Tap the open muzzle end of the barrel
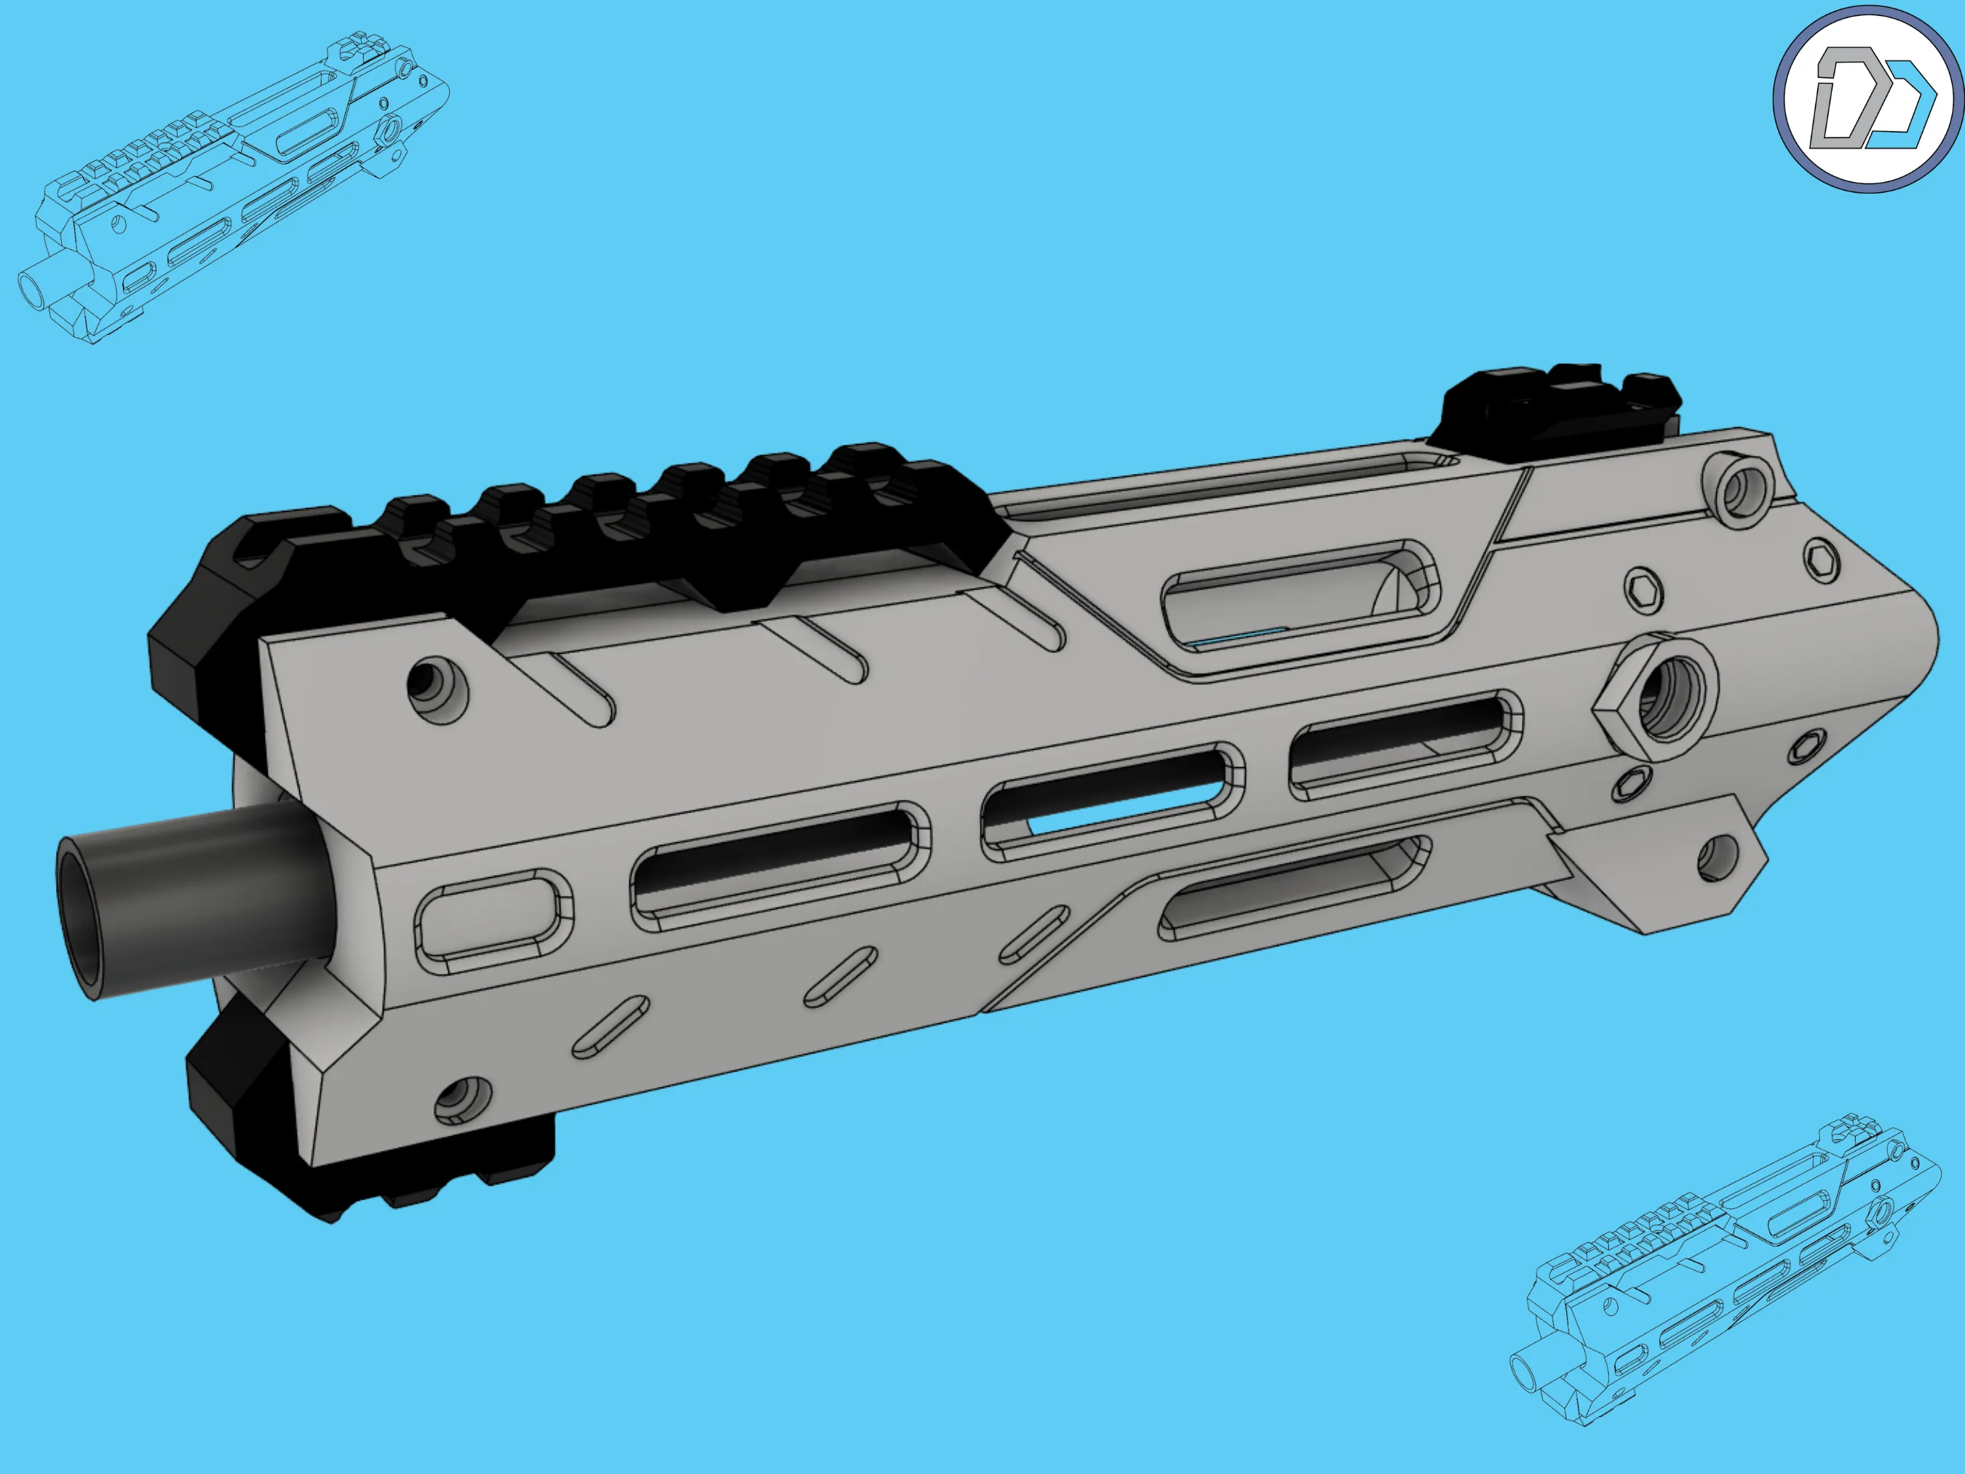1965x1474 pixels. click(82, 918)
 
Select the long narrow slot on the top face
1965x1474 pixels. click(1226, 484)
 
